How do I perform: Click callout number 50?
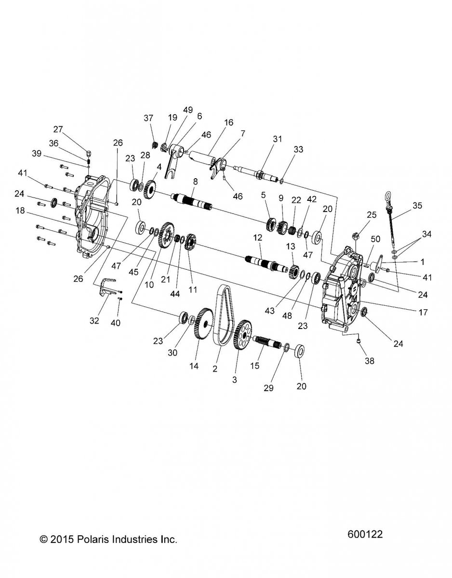coord(375,238)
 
